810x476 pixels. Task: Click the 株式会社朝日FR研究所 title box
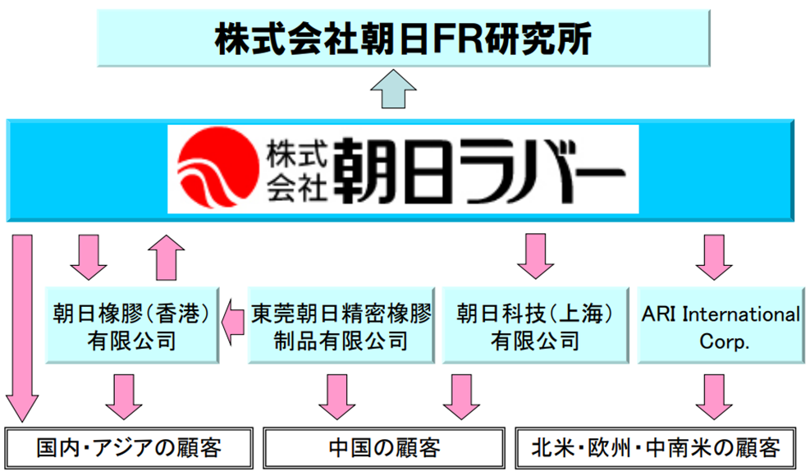[404, 39]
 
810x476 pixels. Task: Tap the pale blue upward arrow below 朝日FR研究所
[393, 89]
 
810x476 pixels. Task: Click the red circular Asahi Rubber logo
[217, 167]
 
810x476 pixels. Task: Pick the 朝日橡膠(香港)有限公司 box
[132, 326]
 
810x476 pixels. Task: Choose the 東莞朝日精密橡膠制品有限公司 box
[341, 326]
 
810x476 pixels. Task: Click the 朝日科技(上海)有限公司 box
[535, 326]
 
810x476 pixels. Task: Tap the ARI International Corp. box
[721, 326]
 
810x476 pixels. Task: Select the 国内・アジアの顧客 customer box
[129, 447]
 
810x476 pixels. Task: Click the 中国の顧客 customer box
[384, 447]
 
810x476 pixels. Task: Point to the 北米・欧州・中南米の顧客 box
[656, 447]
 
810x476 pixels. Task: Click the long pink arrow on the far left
[21, 329]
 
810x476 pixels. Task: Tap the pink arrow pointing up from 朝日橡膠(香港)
[167, 258]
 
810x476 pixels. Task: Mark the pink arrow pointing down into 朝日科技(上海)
[535, 256]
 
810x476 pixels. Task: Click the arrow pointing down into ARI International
[714, 258]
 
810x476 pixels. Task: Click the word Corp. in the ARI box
[724, 342]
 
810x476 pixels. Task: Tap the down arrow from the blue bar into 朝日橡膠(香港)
[89, 258]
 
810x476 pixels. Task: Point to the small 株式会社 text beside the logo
[296, 170]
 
